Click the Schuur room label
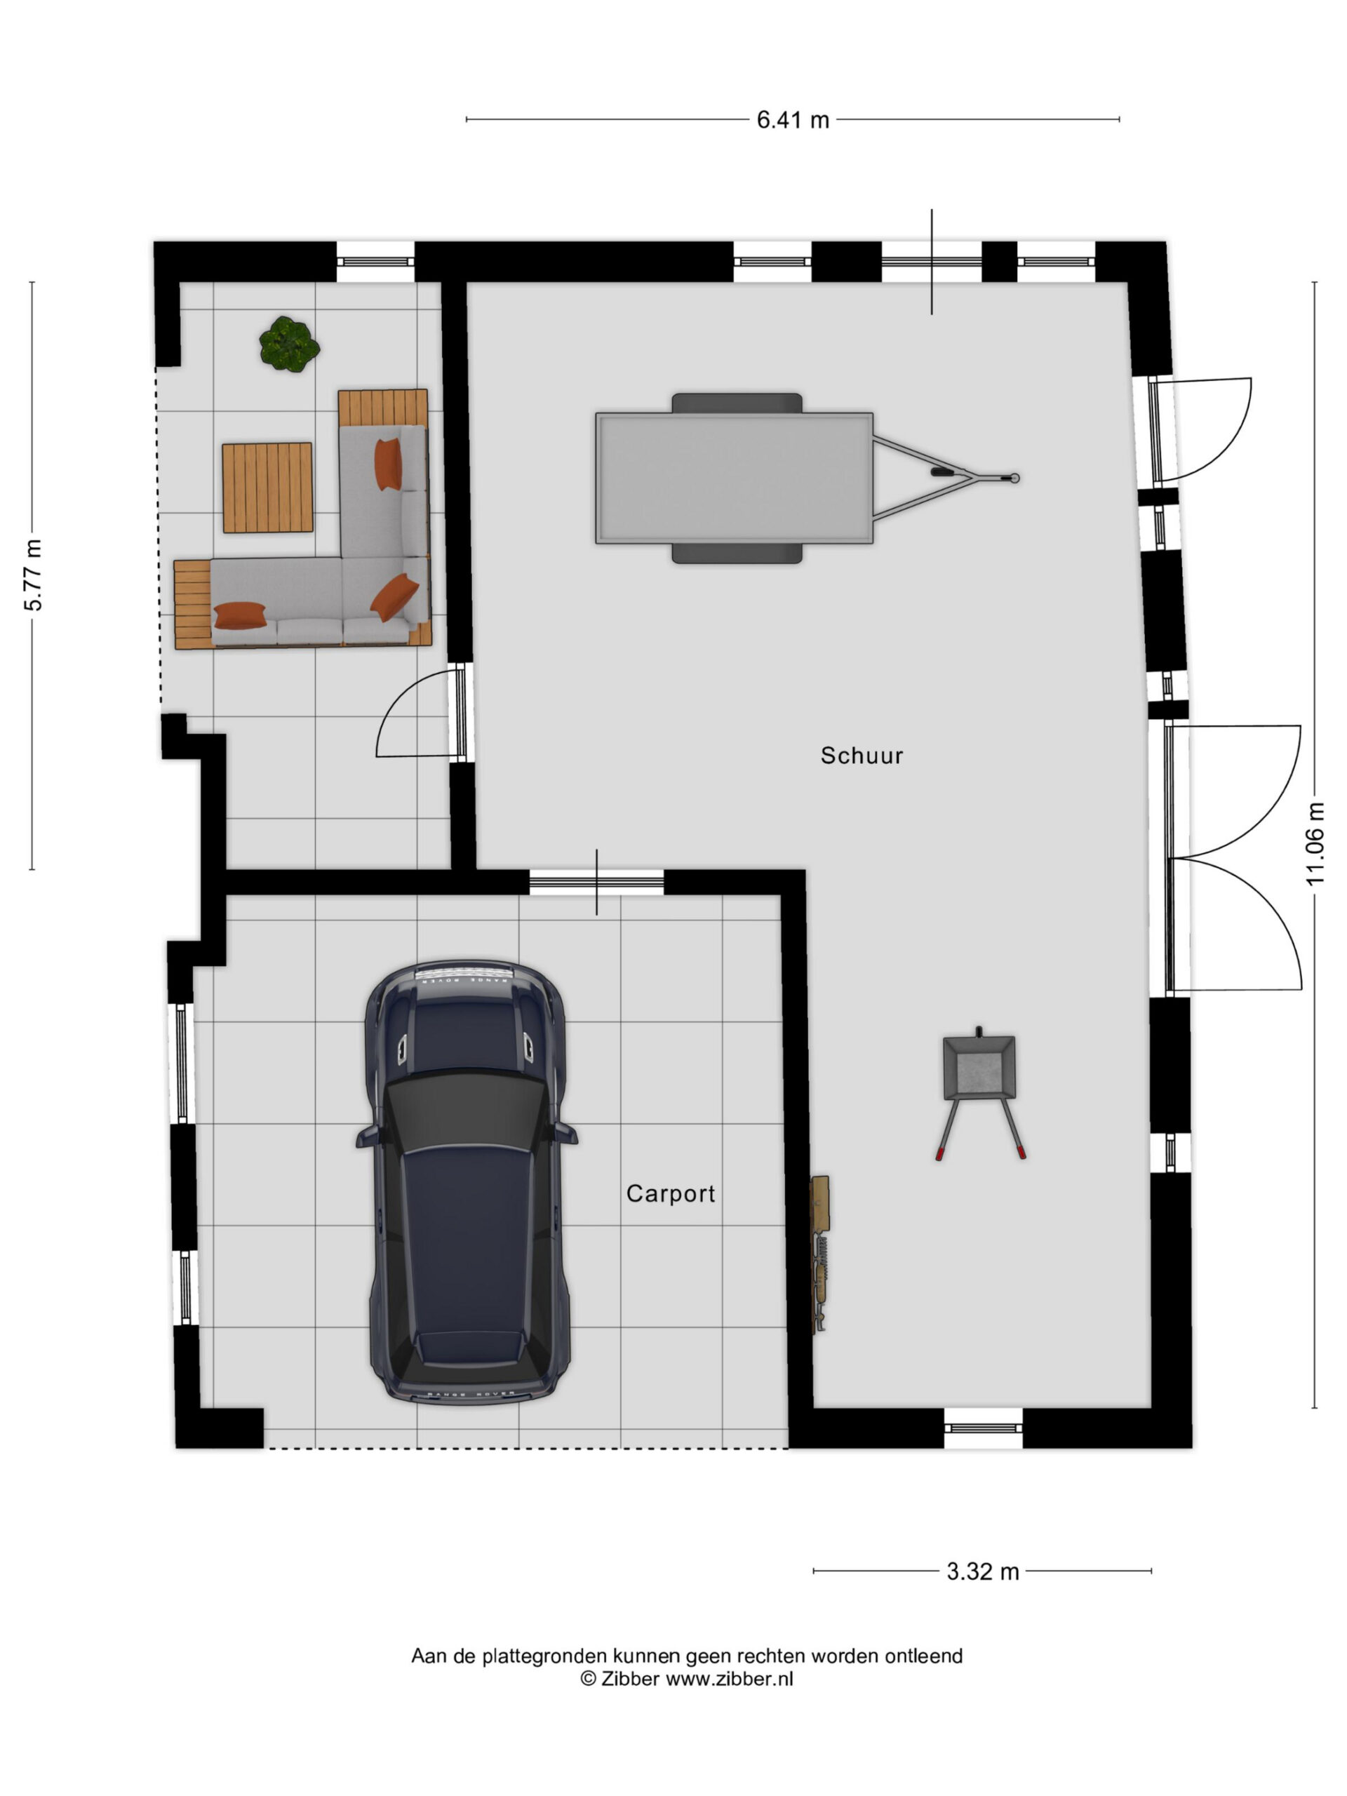click(861, 755)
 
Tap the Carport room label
click(670, 1193)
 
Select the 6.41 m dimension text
click(793, 120)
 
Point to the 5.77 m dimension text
click(33, 575)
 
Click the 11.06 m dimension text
click(1315, 843)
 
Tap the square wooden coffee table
click(267, 487)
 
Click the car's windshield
click(466, 1113)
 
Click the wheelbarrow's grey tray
click(979, 1067)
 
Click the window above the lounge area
click(375, 262)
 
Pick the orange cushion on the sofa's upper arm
click(388, 464)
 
